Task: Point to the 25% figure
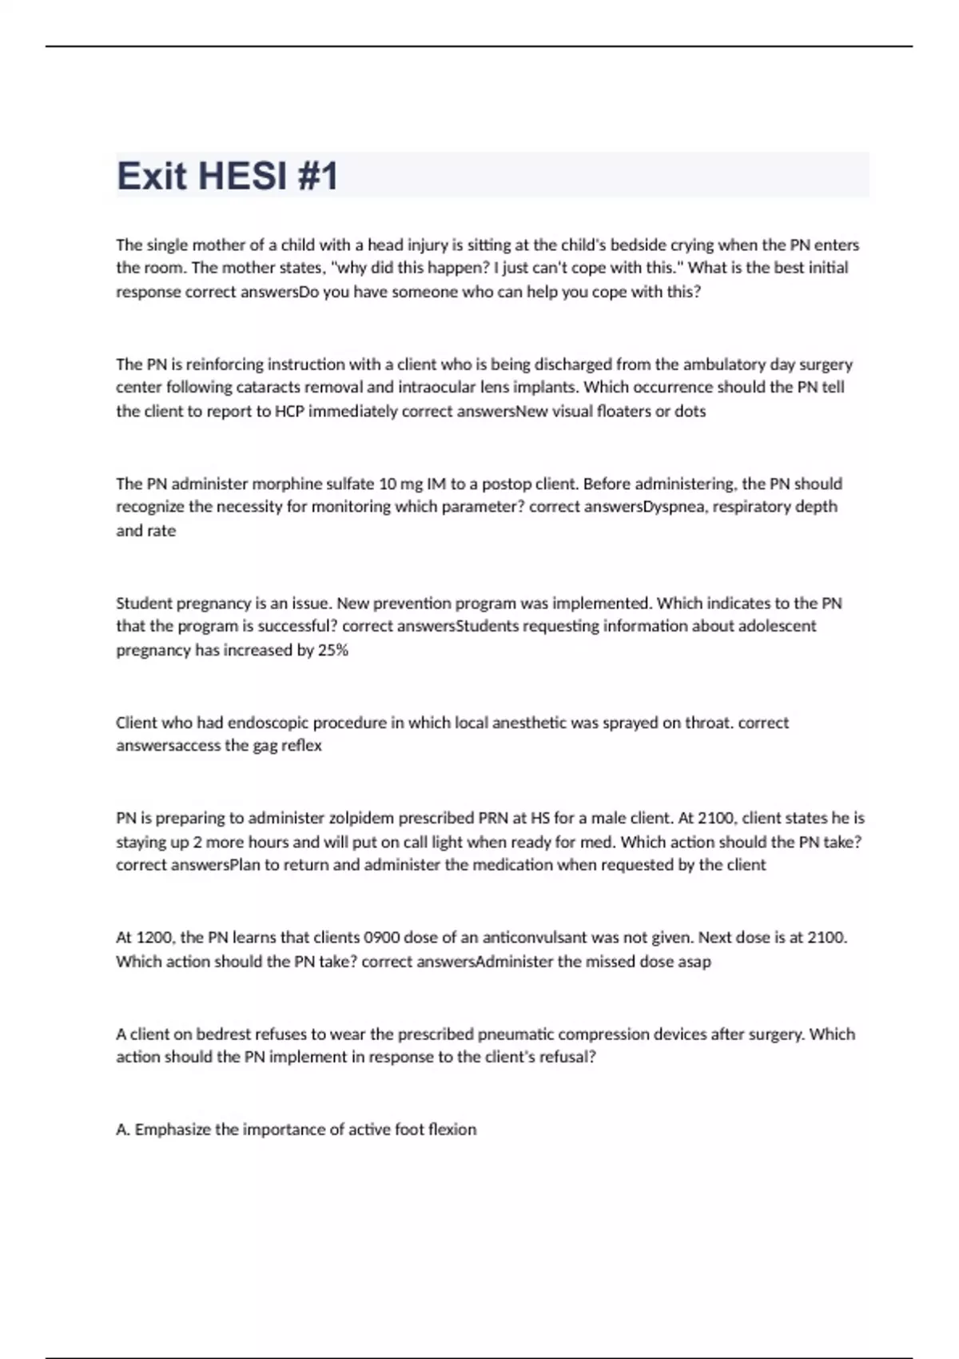click(x=332, y=650)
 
